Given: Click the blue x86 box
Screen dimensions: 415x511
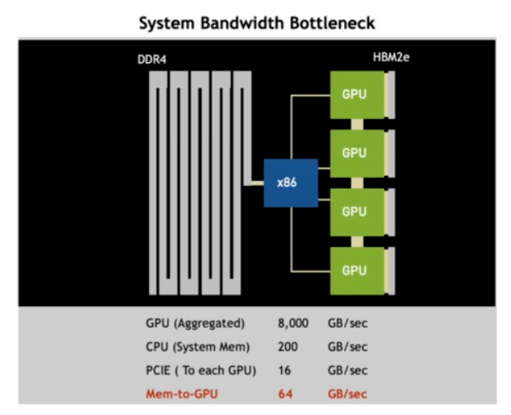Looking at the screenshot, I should (x=286, y=183).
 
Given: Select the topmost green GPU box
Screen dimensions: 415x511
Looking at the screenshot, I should (x=353, y=94).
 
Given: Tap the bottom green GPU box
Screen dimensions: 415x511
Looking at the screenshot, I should (x=353, y=270).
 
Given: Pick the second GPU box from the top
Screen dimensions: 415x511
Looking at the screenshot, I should (x=353, y=153).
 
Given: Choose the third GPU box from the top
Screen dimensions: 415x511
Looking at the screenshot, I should (x=353, y=212).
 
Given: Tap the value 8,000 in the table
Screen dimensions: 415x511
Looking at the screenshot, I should (x=294, y=323).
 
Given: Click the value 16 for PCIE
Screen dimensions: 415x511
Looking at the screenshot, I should (x=284, y=370).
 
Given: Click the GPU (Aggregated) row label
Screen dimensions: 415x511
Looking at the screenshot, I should (x=195, y=323).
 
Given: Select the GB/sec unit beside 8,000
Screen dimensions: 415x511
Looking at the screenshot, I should (x=347, y=323).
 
